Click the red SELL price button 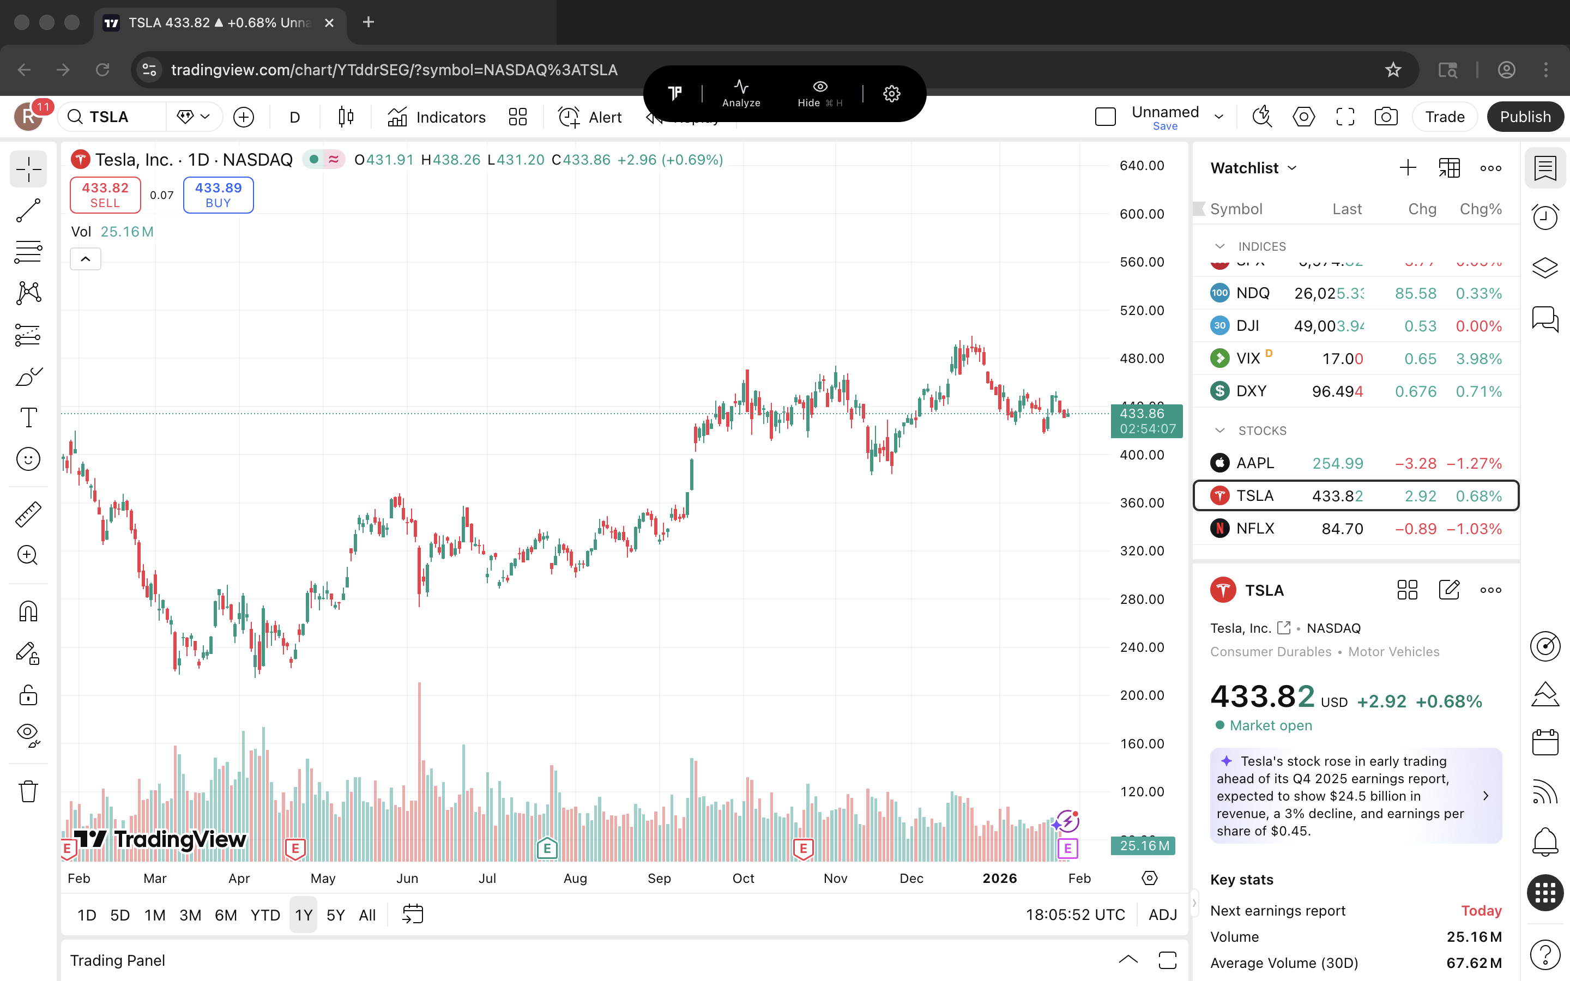105,195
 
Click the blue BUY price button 218,195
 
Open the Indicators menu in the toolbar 437,117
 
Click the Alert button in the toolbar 590,117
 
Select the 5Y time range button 335,915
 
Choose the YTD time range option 265,915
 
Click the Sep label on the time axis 659,878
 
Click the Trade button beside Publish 1444,117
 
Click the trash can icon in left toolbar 28,791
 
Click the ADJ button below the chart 1162,915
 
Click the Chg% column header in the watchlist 1480,209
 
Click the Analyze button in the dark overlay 741,93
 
